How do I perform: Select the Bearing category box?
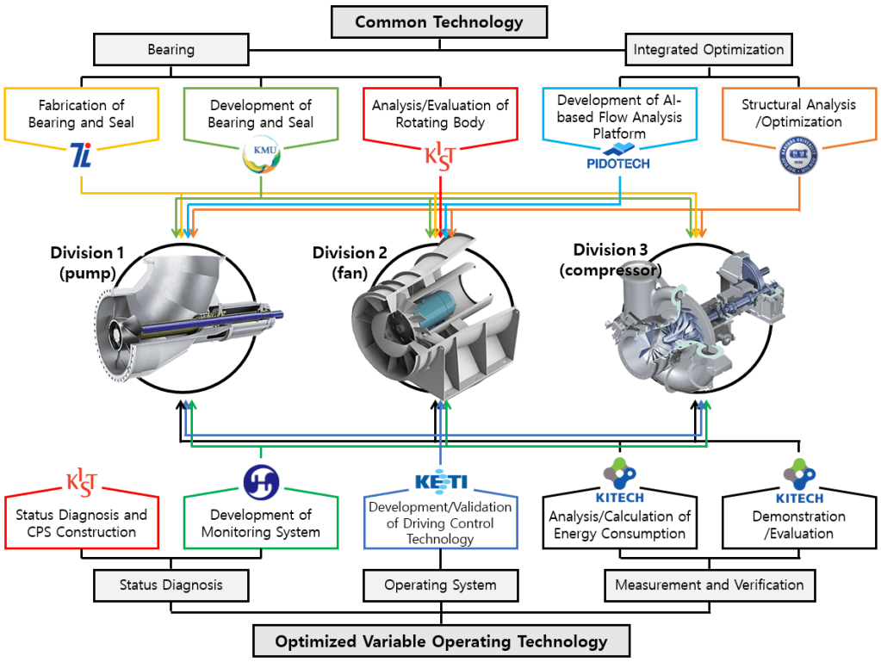tap(171, 50)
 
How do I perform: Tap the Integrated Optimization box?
tap(709, 50)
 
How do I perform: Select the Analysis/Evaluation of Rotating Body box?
tap(440, 114)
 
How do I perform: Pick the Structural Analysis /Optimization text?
tap(798, 113)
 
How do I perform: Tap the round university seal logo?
tap(798, 160)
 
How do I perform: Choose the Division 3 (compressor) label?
tap(610, 259)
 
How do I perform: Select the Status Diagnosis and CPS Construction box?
tap(82, 523)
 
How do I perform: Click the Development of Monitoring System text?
tap(260, 523)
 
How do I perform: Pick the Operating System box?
tap(440, 585)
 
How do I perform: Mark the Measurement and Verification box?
tap(709, 585)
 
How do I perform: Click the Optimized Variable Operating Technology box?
tap(441, 641)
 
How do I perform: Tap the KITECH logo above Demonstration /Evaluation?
tap(798, 483)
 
